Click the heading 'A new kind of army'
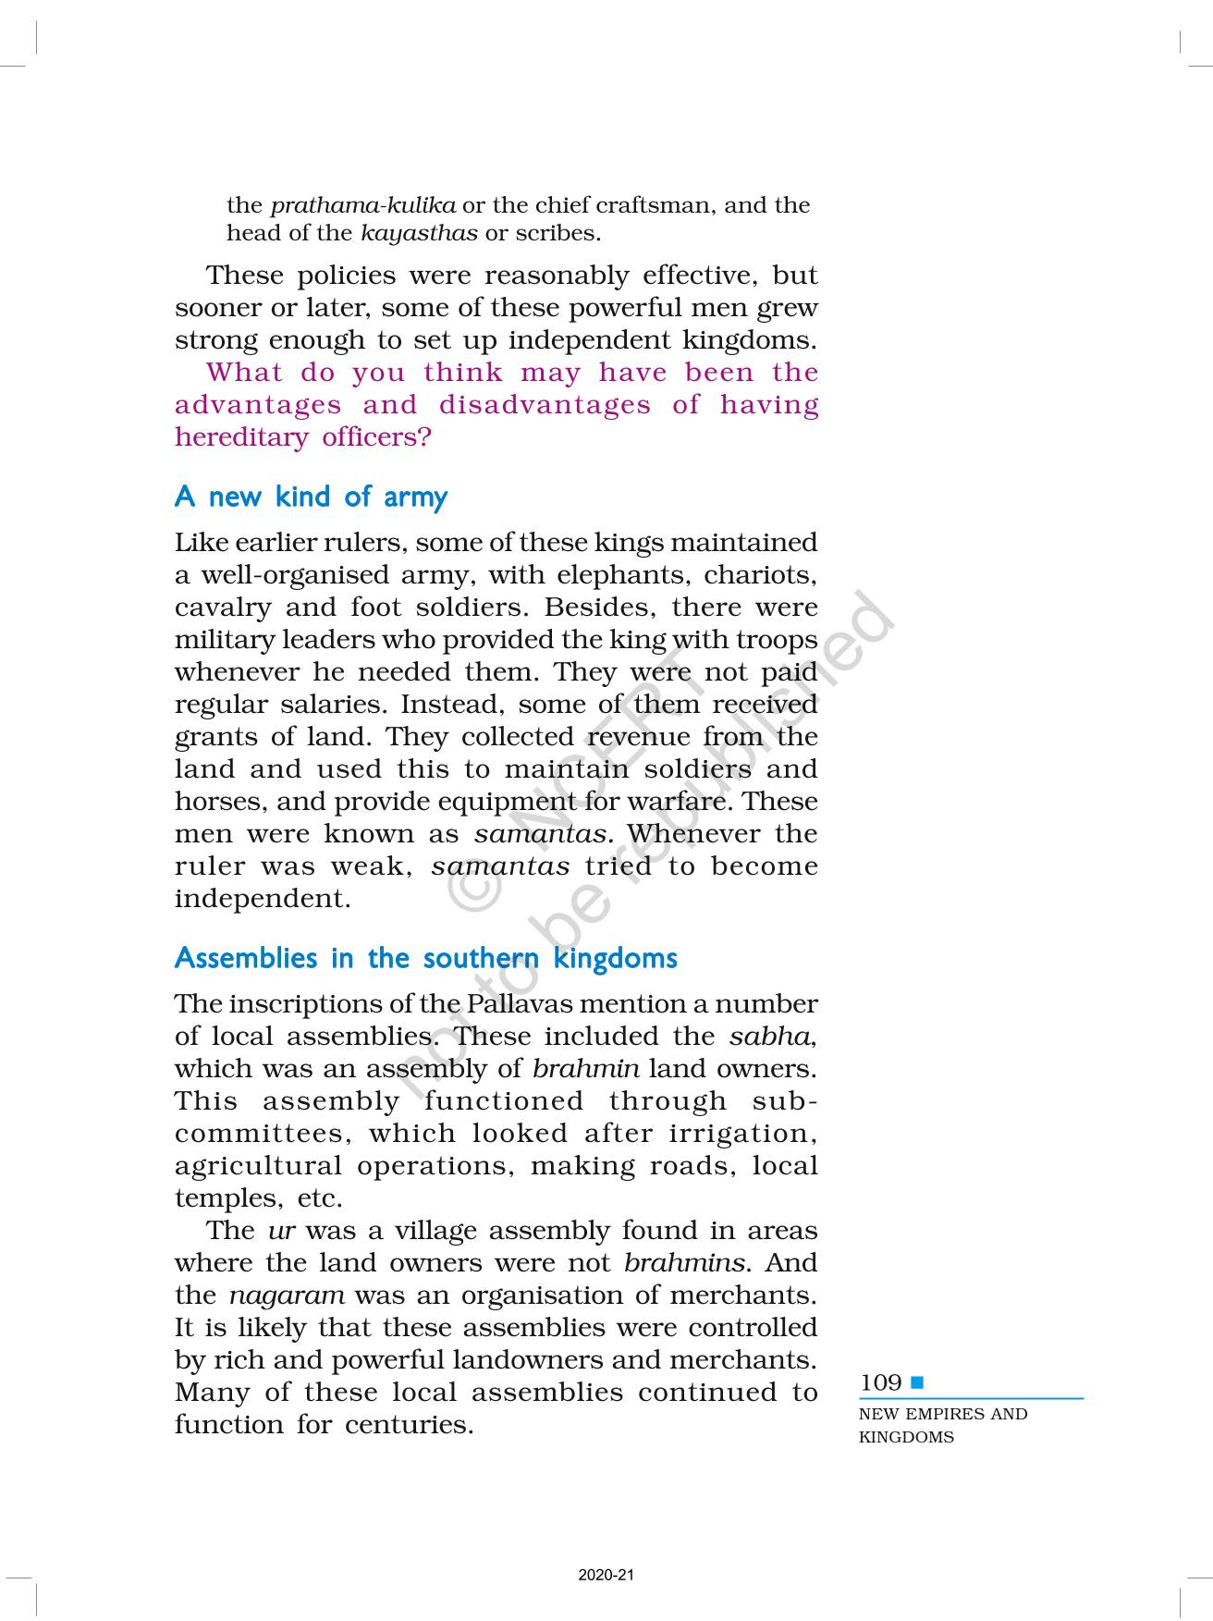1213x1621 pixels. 311,497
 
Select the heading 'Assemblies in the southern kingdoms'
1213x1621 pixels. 425,958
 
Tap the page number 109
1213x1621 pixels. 880,1382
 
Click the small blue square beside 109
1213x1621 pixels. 917,1382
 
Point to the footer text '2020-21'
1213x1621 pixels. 606,1575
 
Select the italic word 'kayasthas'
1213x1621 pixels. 419,233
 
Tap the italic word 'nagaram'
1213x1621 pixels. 287,1296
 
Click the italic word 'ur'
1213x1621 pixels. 281,1231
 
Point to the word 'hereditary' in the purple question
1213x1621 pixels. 241,437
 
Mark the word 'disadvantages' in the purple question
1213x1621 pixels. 545,405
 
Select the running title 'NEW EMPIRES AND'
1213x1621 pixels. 942,1414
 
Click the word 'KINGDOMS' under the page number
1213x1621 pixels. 906,1437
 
